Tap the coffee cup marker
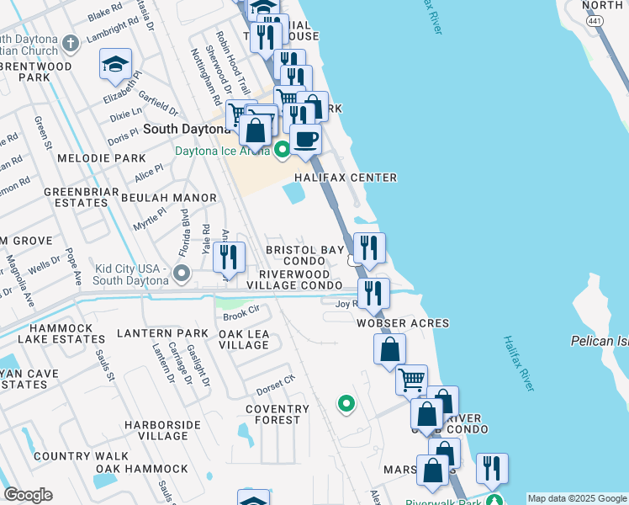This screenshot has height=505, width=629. pos(305,138)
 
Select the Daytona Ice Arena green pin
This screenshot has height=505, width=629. pos(282,150)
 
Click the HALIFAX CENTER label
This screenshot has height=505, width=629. pos(346,178)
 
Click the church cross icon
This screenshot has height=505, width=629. pos(71,43)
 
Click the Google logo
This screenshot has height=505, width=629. pos(28,495)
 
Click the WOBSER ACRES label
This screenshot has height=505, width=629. pos(403,323)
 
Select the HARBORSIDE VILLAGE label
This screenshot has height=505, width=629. pos(156,430)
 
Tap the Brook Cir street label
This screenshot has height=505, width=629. pos(240,316)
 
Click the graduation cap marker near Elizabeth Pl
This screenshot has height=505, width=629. pos(116,65)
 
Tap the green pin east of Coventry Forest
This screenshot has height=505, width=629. pos(345,405)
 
